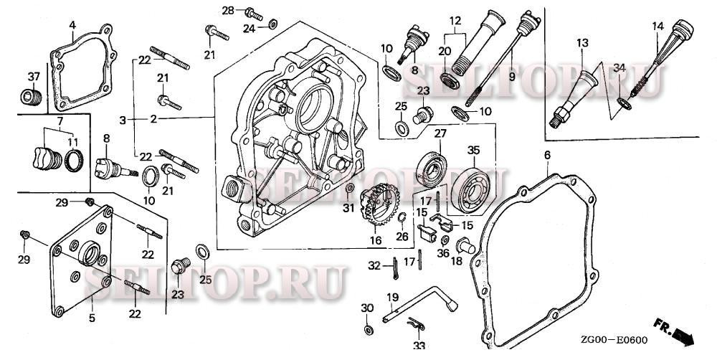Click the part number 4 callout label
click(72, 26)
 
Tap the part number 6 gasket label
click(547, 156)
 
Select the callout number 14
click(657, 27)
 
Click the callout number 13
click(580, 43)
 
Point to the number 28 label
click(228, 10)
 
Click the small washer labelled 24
click(273, 26)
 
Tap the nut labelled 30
click(369, 329)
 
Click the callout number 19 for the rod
click(392, 297)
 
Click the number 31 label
click(348, 208)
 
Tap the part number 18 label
click(456, 261)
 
